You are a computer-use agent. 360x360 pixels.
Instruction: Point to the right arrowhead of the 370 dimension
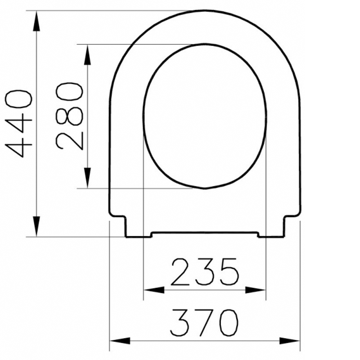point(289,340)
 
